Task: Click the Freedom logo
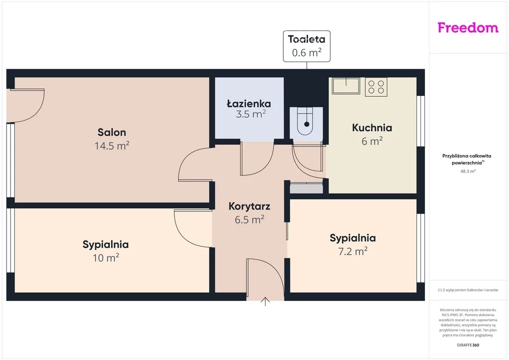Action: point(468,27)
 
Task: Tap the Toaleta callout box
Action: point(307,46)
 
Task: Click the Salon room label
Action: point(112,132)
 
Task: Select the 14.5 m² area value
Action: point(112,146)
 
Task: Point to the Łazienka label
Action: point(249,103)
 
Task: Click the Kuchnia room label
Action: point(372,128)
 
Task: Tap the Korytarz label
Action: point(250,206)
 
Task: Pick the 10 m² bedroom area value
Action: point(106,258)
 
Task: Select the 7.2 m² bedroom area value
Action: point(353,251)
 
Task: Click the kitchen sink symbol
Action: point(346,86)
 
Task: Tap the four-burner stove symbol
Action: point(376,87)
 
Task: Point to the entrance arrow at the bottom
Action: point(265,301)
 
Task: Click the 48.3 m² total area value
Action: point(468,172)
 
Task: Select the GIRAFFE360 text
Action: point(468,345)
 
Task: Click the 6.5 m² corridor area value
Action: point(250,220)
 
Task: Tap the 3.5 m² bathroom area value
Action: point(251,114)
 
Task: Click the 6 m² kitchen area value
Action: point(372,141)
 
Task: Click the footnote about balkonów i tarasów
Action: point(468,290)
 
